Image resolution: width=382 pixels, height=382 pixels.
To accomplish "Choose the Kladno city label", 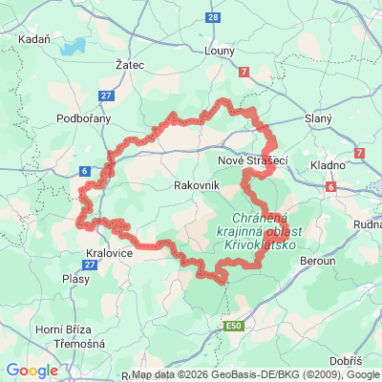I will pyautogui.click(x=328, y=165).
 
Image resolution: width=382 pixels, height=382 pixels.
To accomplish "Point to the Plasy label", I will pyautogui.click(x=75, y=279).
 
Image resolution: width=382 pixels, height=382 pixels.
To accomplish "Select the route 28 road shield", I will pyautogui.click(x=212, y=17).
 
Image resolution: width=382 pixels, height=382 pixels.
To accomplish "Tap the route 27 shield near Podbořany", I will pyautogui.click(x=105, y=95).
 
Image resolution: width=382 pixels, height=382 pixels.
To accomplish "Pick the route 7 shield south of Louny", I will pyautogui.click(x=244, y=72).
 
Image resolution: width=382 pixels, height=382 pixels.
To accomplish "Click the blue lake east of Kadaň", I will pyautogui.click(x=70, y=47).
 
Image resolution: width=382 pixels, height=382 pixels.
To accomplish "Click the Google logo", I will pyautogui.click(x=32, y=370).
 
